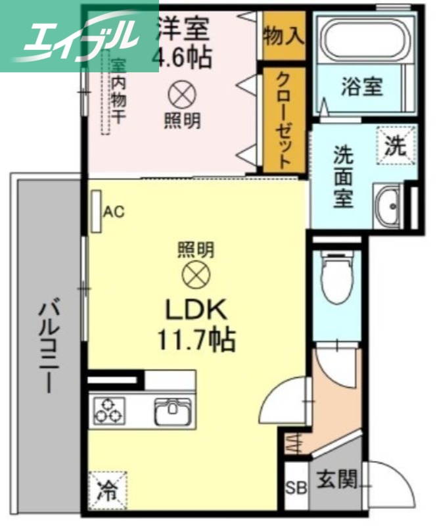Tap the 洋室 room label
(x=182, y=30)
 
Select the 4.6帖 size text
(x=182, y=57)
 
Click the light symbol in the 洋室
(x=182, y=95)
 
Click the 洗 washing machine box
(x=395, y=145)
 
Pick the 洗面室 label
(x=342, y=178)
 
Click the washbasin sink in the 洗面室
(x=389, y=206)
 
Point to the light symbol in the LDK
(x=195, y=275)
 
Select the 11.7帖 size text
(x=195, y=339)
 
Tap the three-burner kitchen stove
(x=109, y=409)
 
